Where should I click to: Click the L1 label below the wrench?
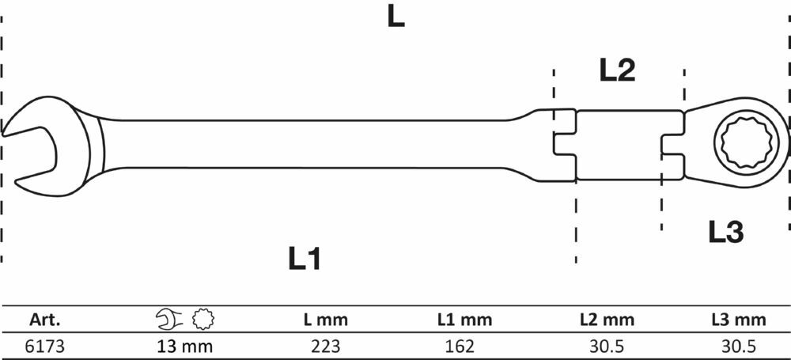click(x=305, y=259)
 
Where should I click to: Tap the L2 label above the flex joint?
click(x=617, y=70)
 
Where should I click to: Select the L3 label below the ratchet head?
click(x=726, y=233)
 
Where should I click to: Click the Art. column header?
click(x=44, y=320)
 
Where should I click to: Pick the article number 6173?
click(x=44, y=347)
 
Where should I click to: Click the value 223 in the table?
click(x=325, y=347)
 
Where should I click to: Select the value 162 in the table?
click(x=460, y=347)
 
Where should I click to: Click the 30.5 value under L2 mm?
click(x=606, y=347)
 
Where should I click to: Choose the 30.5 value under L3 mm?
click(x=738, y=347)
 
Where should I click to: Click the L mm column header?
click(x=325, y=320)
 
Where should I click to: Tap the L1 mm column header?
click(x=464, y=320)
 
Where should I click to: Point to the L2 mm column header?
click(x=607, y=320)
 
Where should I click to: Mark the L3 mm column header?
click(x=739, y=320)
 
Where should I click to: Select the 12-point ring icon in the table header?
click(x=203, y=319)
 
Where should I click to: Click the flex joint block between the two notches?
click(x=619, y=145)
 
